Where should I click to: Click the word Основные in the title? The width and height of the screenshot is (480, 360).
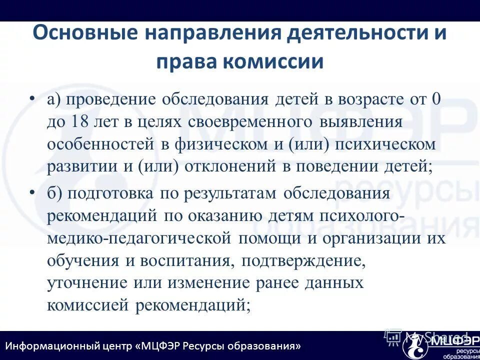point(85,33)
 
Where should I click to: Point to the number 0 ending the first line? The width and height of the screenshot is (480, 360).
point(436,98)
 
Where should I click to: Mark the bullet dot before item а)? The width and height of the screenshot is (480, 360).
point(32,96)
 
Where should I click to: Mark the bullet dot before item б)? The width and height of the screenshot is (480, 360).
point(32,192)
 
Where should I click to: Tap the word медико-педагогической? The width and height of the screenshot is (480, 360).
point(139,238)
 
